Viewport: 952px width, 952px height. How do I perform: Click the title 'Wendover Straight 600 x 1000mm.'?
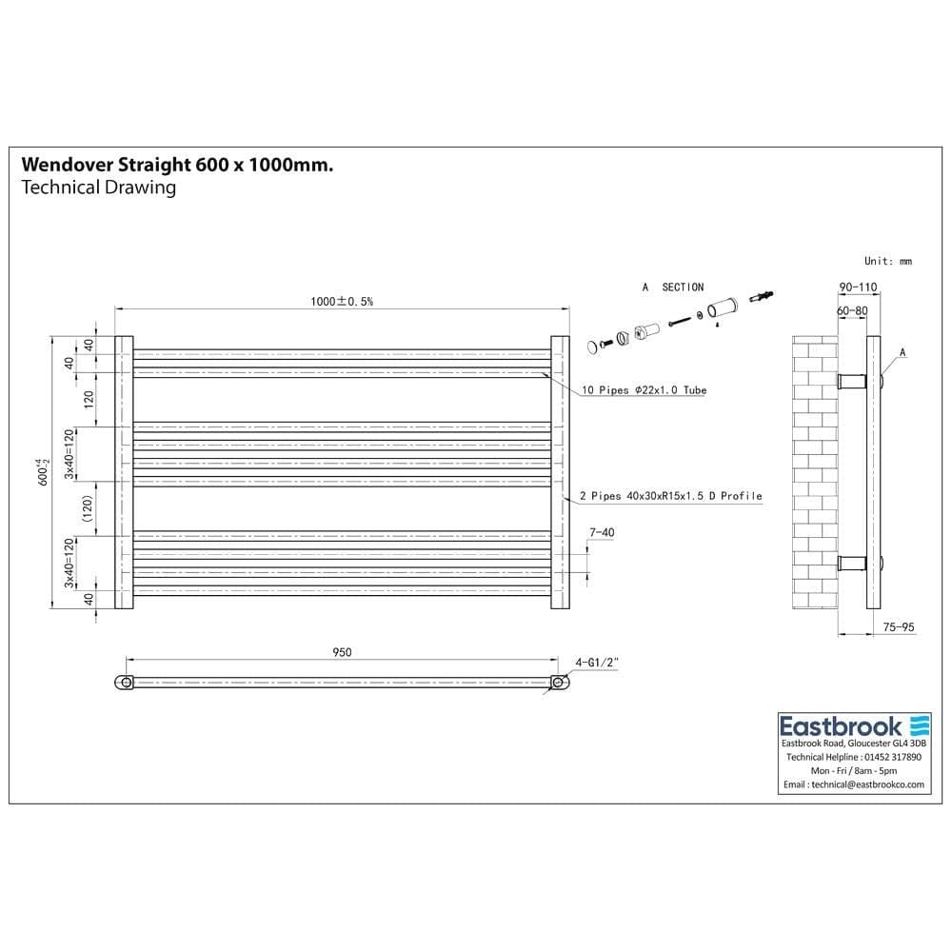pos(177,165)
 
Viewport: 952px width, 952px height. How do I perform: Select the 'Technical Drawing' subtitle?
pos(98,188)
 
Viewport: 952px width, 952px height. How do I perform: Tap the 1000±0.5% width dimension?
pos(341,301)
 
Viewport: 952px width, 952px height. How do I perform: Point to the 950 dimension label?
pos(343,652)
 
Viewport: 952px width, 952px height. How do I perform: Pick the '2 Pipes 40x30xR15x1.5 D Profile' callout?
pos(670,496)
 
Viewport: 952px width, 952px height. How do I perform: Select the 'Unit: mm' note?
pos(887,261)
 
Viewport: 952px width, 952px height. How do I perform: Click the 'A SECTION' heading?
pos(673,287)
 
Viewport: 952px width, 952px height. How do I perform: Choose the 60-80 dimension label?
pos(852,310)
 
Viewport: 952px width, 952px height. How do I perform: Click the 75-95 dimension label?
pos(899,627)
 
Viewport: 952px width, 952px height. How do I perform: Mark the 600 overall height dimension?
pos(43,472)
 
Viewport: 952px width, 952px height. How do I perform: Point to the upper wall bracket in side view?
pos(852,382)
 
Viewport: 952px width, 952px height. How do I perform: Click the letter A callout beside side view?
pos(902,352)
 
